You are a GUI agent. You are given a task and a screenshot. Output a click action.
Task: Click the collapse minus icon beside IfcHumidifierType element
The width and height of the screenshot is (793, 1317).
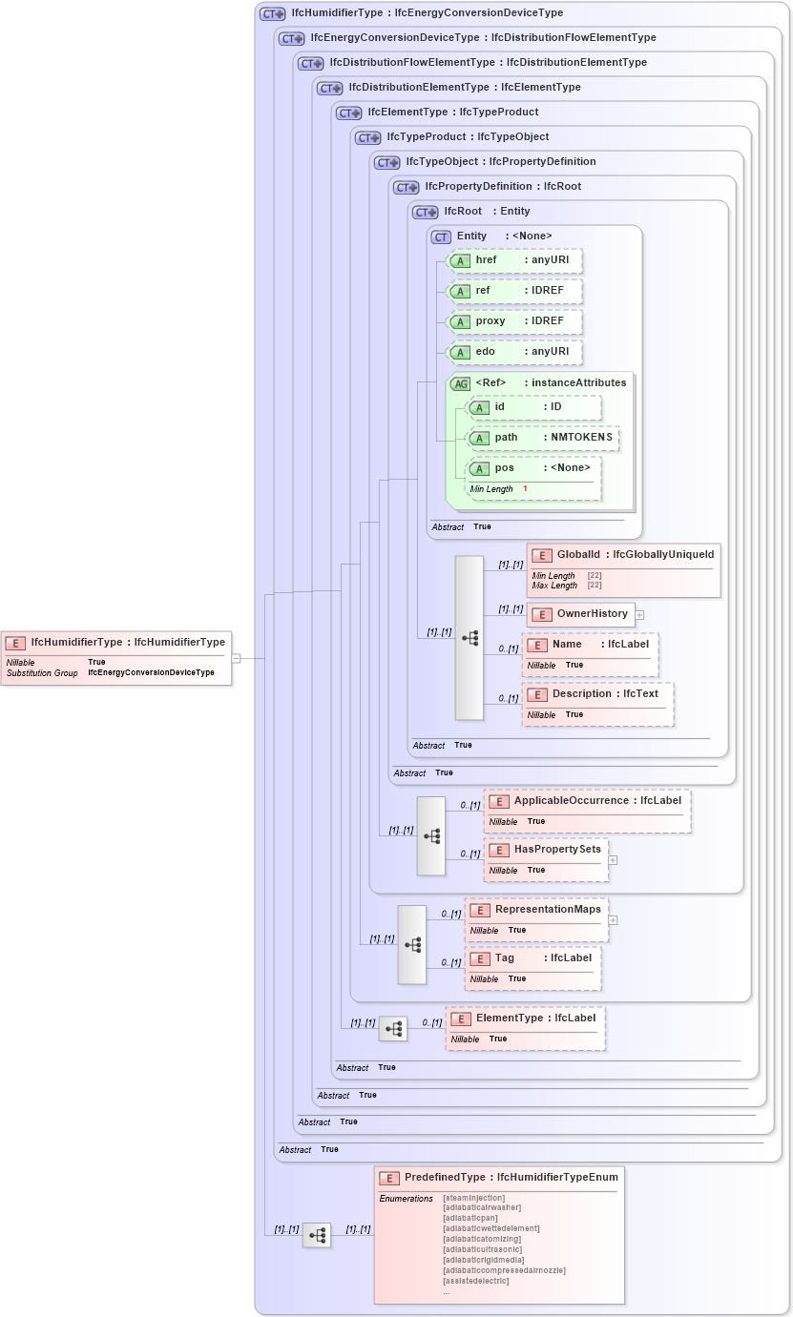click(x=236, y=657)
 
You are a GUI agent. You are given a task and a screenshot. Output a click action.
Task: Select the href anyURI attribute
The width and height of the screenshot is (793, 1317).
click(x=515, y=260)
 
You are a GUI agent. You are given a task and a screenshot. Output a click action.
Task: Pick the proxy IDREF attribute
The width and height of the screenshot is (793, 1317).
click(x=515, y=321)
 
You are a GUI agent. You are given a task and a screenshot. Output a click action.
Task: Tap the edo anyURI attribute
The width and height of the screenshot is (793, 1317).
click(x=515, y=352)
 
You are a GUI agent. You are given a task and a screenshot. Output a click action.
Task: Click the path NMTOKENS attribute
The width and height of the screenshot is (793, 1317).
click(x=542, y=438)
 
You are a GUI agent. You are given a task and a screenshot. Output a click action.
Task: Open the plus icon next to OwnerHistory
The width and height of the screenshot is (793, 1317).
click(x=640, y=615)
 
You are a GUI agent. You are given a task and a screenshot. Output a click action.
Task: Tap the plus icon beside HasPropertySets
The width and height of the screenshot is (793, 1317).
click(x=613, y=859)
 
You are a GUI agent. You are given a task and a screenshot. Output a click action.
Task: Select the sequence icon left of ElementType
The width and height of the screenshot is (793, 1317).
click(x=393, y=1029)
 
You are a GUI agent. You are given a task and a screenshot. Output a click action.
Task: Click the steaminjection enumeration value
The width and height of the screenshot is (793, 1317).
click(x=474, y=1198)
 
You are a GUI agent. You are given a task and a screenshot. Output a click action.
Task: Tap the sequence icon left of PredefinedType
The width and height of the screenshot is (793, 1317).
click(x=317, y=1235)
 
